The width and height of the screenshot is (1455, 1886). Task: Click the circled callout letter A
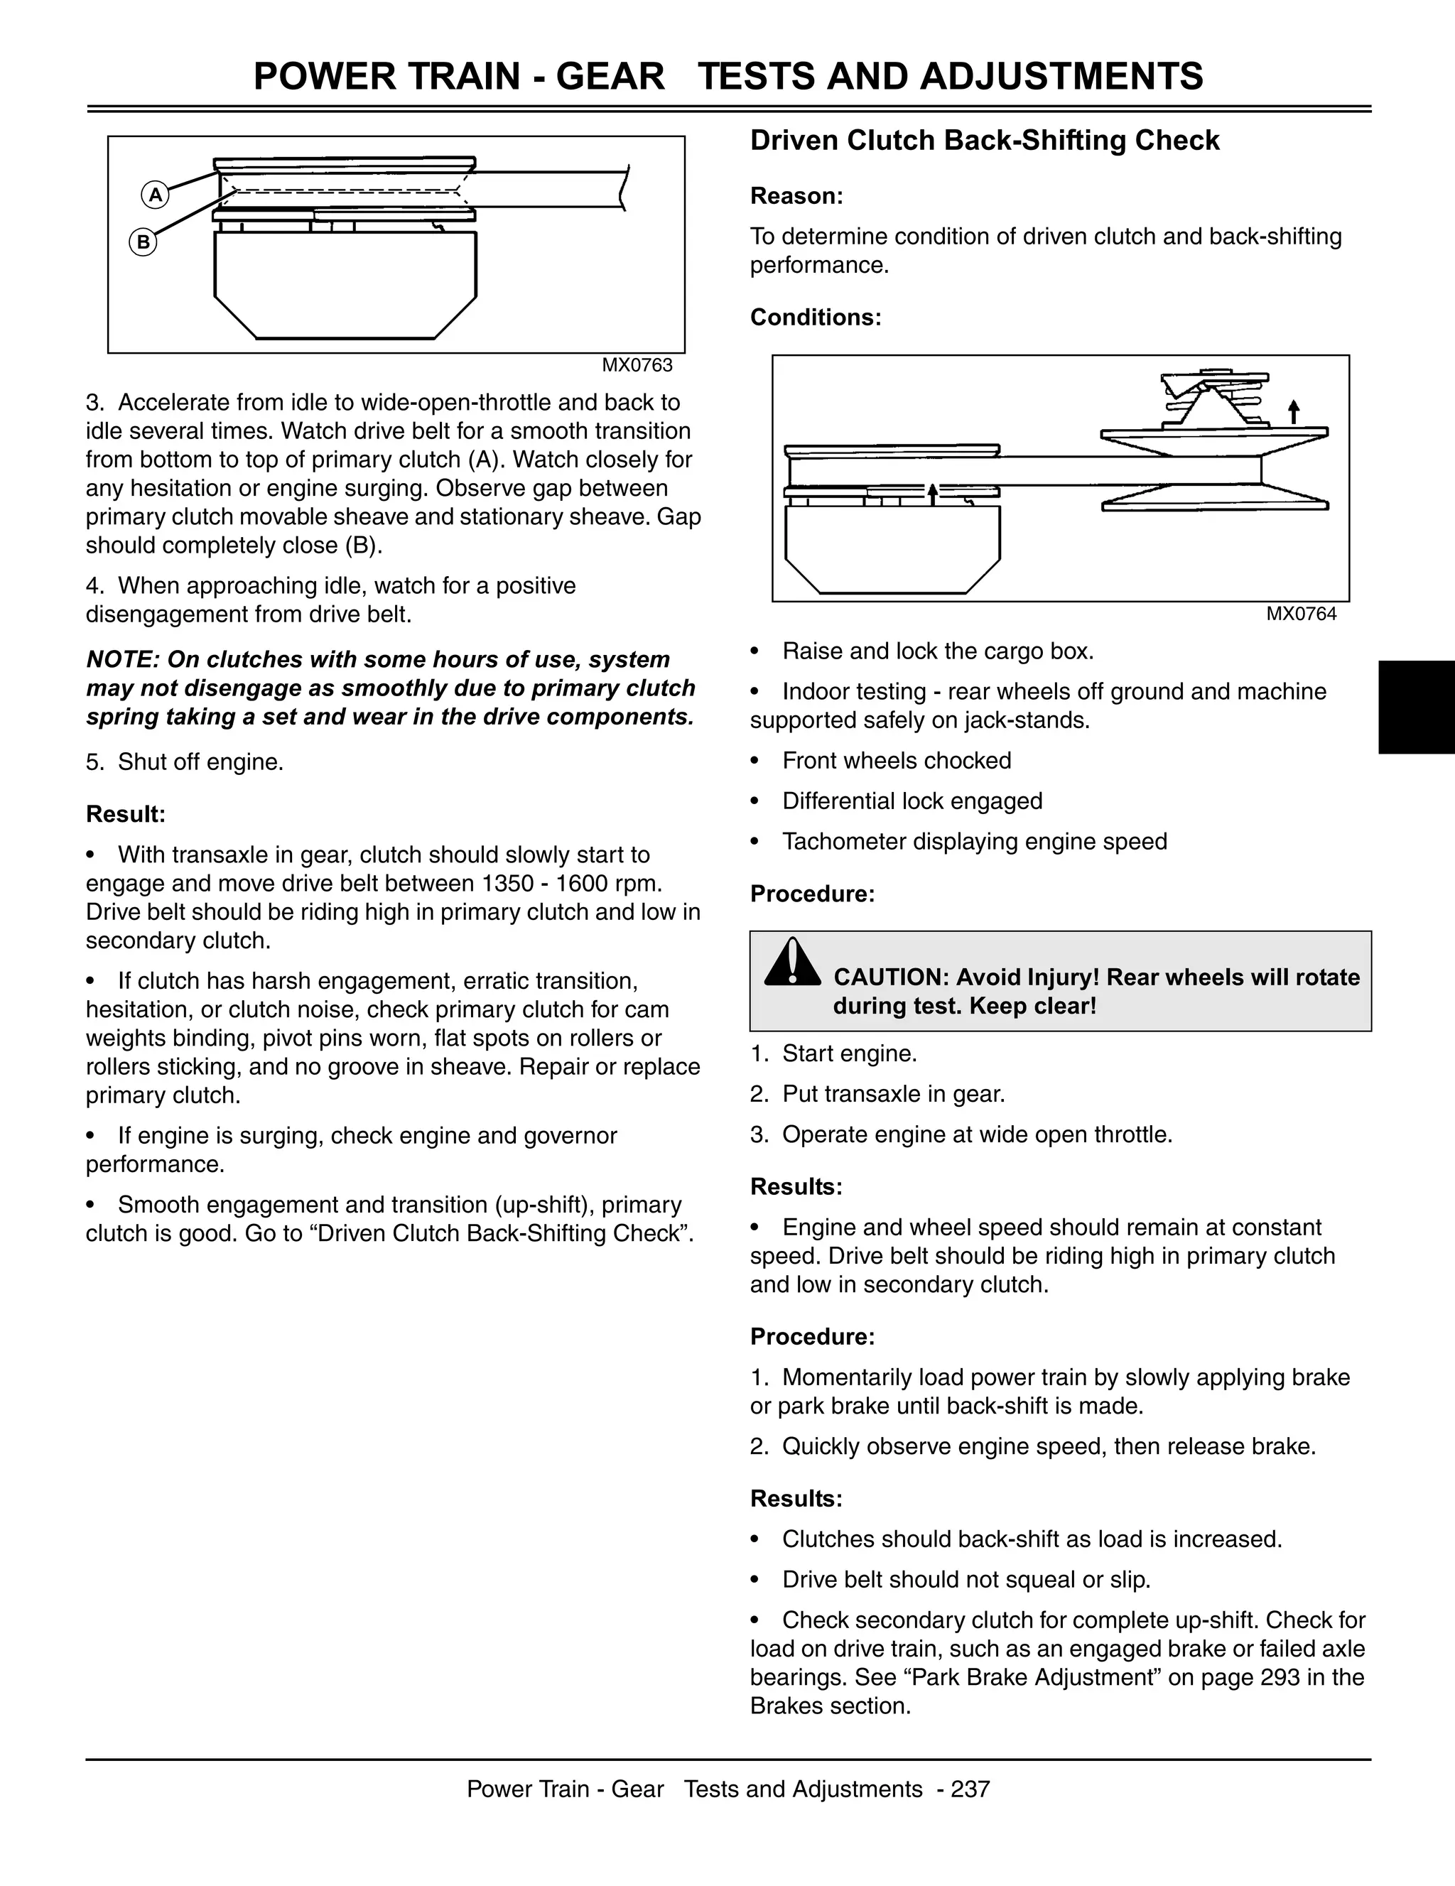156,195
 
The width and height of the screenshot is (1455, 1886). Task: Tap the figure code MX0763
637,365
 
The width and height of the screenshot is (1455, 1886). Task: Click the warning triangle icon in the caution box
792,963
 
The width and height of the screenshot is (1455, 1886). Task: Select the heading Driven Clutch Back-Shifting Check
985,141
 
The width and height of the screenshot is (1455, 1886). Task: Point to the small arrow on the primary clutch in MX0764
933,493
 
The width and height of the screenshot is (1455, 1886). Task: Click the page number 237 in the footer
970,1789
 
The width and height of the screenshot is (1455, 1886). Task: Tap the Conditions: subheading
815,317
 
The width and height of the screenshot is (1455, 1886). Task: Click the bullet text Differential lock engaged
912,801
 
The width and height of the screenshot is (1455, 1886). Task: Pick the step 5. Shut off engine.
185,762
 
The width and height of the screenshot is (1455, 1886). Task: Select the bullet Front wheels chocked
897,761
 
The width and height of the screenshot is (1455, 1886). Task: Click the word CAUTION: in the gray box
890,977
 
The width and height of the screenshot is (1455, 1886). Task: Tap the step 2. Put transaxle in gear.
878,1094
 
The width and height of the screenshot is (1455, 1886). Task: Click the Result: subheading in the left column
125,814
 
